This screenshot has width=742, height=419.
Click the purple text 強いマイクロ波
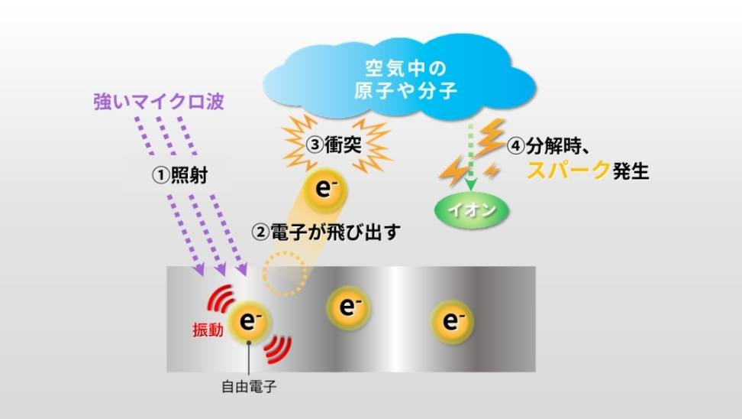(159, 102)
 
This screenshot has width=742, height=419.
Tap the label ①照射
(180, 175)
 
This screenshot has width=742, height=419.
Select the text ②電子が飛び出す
(326, 232)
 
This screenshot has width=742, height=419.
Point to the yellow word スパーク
(568, 171)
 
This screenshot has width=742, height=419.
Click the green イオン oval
(472, 210)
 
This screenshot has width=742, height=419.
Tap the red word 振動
(208, 330)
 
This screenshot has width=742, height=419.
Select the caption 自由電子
(249, 387)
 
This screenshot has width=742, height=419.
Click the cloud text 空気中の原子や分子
(405, 80)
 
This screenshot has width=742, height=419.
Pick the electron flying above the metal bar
(324, 190)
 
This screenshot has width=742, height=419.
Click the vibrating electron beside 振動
(250, 321)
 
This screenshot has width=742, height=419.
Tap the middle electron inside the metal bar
(348, 307)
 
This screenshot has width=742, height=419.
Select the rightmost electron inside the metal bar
(452, 321)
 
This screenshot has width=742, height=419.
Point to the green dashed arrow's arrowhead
(470, 184)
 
